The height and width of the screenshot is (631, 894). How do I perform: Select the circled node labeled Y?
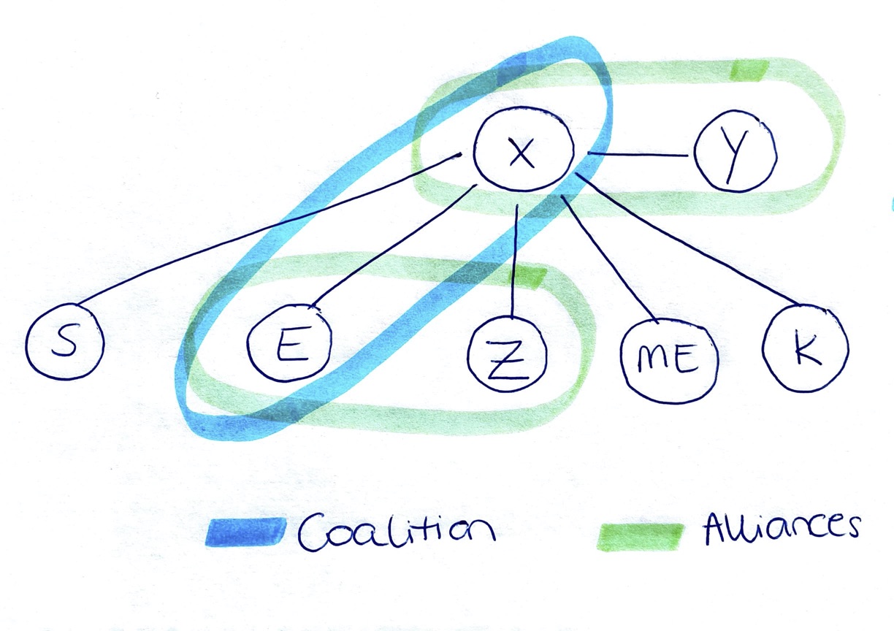coord(736,151)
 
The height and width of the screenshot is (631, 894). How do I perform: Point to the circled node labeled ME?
coord(668,359)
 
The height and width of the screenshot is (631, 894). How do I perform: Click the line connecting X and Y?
coord(640,155)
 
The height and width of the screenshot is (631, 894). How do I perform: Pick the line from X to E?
coord(391,245)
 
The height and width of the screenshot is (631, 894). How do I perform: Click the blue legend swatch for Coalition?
coord(245,532)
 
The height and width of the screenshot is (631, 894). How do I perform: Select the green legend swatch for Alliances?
coord(641,537)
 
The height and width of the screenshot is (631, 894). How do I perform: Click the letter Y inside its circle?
coord(736,153)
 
